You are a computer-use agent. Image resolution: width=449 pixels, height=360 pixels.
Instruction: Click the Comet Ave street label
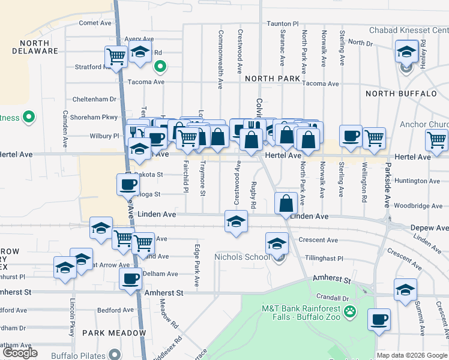(x=95, y=23)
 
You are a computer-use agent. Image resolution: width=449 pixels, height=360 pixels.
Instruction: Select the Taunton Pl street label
(x=283, y=23)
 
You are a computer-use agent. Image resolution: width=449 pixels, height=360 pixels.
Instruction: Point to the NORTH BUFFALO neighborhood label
(x=401, y=94)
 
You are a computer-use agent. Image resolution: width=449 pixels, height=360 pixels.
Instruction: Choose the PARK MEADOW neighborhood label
(x=114, y=332)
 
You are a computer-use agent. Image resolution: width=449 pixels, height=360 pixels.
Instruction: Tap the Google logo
(x=20, y=353)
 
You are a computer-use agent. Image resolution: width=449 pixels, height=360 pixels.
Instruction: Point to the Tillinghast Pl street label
(x=322, y=259)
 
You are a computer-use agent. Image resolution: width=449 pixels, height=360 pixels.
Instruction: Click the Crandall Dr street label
(x=334, y=298)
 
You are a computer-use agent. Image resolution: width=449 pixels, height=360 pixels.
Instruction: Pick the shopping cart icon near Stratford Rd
(x=115, y=56)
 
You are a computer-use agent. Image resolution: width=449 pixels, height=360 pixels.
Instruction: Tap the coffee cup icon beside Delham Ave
(x=130, y=278)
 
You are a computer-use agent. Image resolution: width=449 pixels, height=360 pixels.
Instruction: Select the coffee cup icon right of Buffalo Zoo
(x=378, y=319)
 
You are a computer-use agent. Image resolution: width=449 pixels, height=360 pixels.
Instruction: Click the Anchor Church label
(x=424, y=125)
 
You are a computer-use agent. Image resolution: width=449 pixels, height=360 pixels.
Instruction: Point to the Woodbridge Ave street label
(x=418, y=205)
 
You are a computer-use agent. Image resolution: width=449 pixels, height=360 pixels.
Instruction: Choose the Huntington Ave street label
(x=418, y=180)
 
